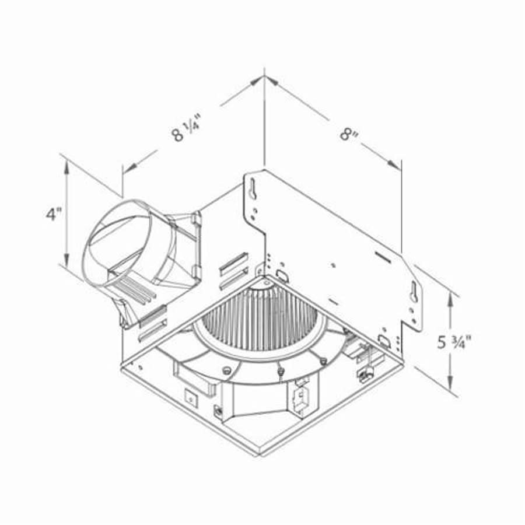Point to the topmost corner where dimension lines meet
point(265,76)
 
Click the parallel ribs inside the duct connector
point(138,289)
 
